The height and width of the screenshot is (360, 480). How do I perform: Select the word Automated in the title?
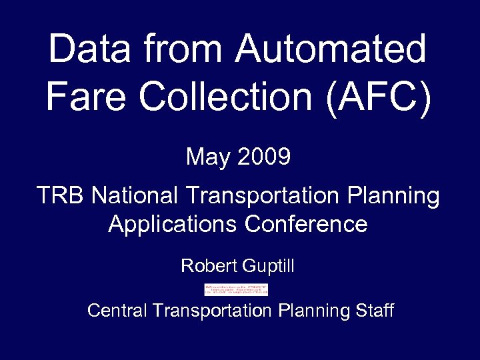coord(331,49)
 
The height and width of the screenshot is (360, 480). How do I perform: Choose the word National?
coord(135,196)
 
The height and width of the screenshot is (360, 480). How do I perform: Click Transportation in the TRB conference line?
coord(263,196)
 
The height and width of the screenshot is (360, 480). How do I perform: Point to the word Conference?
coord(306,224)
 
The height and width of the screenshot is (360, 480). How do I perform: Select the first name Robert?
coord(209,267)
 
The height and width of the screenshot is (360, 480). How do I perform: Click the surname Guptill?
coord(268,267)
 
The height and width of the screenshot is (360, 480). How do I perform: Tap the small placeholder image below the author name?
coord(236,289)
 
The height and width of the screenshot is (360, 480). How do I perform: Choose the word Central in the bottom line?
coord(117,311)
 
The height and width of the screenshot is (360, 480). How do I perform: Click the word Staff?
coord(375,310)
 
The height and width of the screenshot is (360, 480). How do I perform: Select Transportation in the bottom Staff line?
coord(212,310)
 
